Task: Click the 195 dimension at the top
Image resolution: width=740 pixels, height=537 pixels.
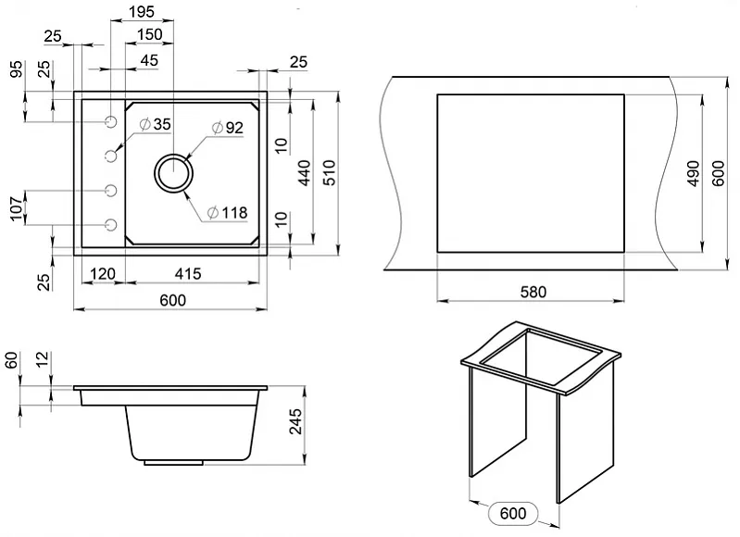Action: (x=142, y=11)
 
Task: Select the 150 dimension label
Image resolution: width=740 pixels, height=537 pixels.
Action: (x=150, y=34)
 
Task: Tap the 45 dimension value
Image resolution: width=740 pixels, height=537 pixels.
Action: (x=149, y=60)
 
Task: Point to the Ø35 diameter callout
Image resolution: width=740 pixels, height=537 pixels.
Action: (x=156, y=124)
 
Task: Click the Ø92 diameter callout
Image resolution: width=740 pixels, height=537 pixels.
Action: (x=228, y=128)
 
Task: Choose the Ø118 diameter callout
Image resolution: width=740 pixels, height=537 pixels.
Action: (x=228, y=213)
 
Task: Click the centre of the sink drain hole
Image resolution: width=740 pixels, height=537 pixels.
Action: (x=174, y=173)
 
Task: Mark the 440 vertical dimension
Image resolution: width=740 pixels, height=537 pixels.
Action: (x=305, y=173)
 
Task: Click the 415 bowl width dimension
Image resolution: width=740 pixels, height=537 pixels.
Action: (x=188, y=273)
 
